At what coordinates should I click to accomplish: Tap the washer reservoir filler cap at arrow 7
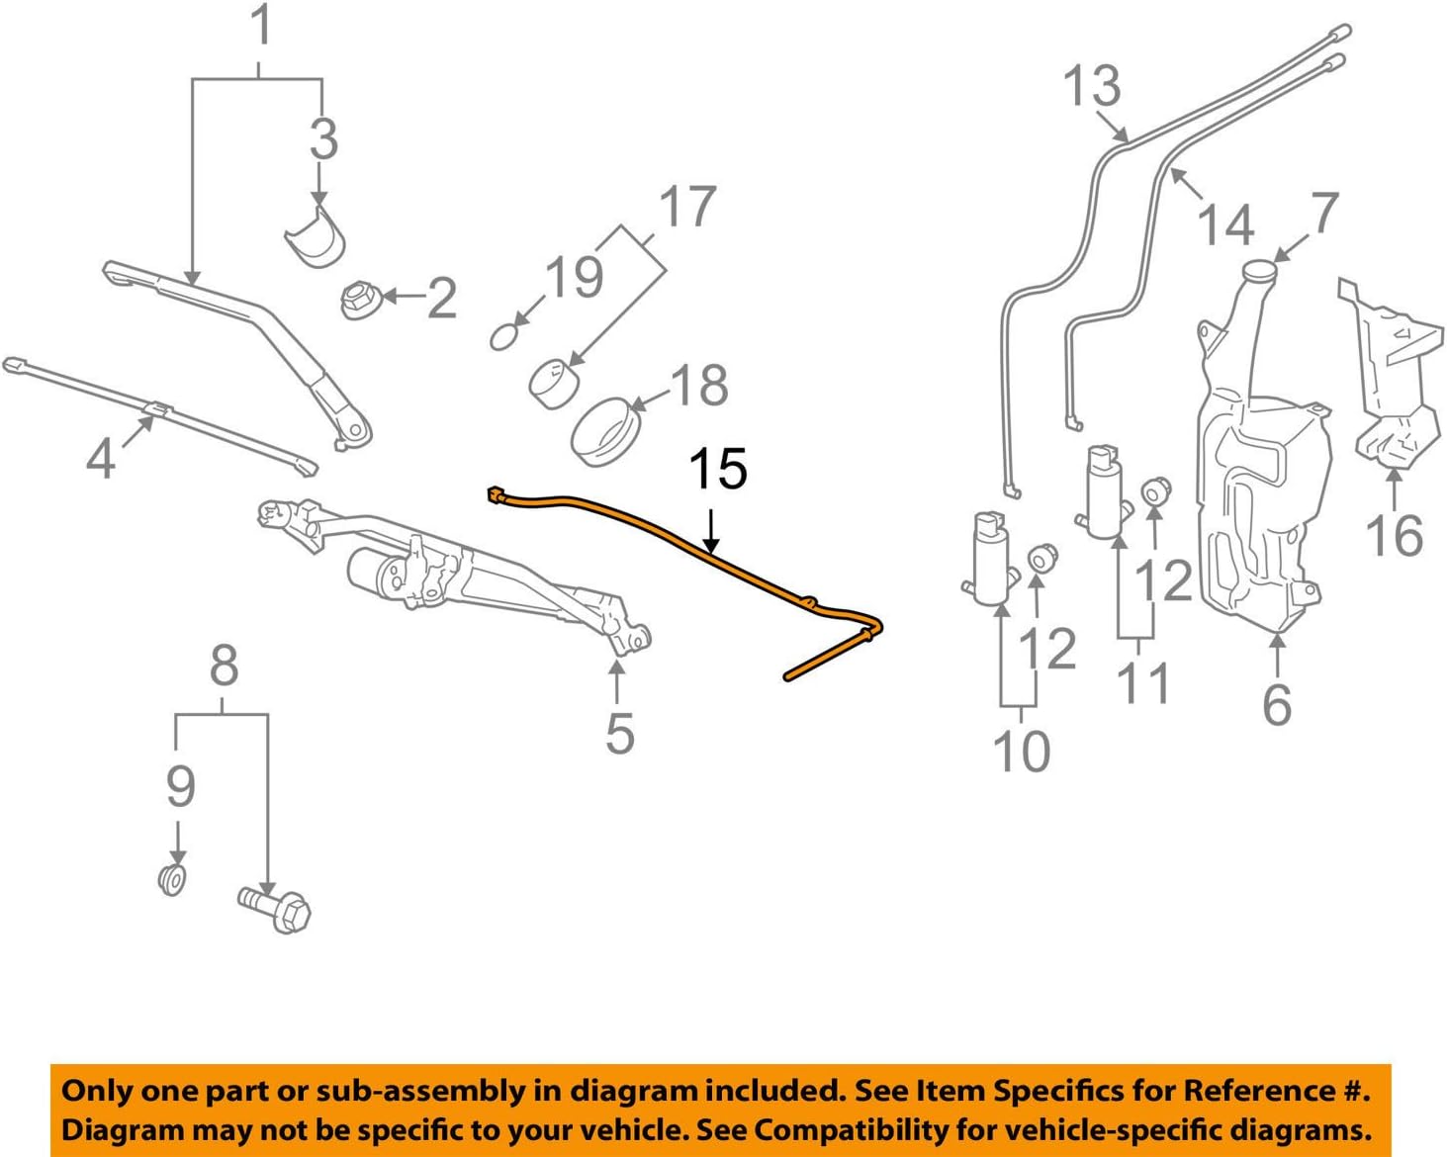[x=1259, y=270]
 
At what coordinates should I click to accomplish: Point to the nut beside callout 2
[x=358, y=298]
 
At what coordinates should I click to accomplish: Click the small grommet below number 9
[x=173, y=878]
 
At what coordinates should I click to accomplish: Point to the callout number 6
[x=1277, y=703]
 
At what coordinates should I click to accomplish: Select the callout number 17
[x=687, y=207]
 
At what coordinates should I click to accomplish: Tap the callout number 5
[x=619, y=733]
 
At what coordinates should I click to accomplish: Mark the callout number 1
[x=261, y=27]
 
